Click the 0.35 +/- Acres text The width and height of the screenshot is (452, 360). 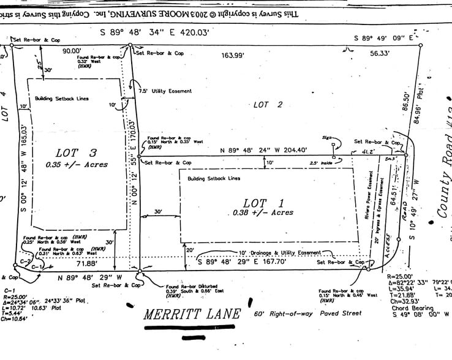coord(77,165)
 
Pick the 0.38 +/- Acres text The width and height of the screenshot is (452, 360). coord(263,213)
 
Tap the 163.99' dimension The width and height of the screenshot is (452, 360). coord(233,55)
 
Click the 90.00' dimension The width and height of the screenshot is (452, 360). coord(72,51)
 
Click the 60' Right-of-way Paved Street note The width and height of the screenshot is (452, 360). coord(307,313)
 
